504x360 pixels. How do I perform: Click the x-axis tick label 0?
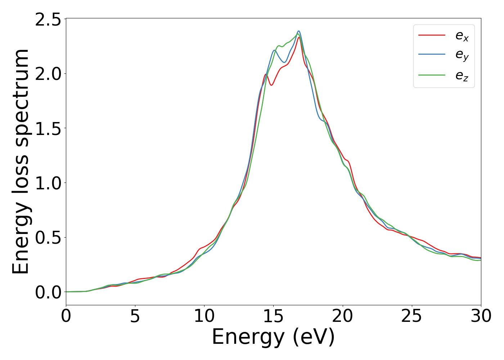pos(66,316)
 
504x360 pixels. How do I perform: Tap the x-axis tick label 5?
pos(135,316)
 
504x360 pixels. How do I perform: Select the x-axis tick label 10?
pos(204,316)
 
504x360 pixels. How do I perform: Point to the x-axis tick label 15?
pos(273,316)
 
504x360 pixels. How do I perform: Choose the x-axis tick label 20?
pos(343,316)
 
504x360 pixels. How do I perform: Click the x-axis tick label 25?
pos(412,316)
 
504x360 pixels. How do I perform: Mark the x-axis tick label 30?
pos(481,316)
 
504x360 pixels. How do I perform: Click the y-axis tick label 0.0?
pos(48,292)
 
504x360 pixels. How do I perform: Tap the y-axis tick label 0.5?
pos(48,238)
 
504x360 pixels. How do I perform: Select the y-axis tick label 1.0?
pos(48,183)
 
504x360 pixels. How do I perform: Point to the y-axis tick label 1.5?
pos(48,129)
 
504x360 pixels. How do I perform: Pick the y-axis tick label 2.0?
pos(48,74)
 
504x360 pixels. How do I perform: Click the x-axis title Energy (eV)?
pos(273,337)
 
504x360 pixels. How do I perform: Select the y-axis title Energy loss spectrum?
pos(21,162)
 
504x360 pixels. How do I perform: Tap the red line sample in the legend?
pos(432,35)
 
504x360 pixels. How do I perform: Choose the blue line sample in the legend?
pos(432,55)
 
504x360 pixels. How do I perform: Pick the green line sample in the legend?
pos(432,75)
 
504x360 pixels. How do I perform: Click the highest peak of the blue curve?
pos(298,31)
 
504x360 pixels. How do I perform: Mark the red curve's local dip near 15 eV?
pos(271,85)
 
